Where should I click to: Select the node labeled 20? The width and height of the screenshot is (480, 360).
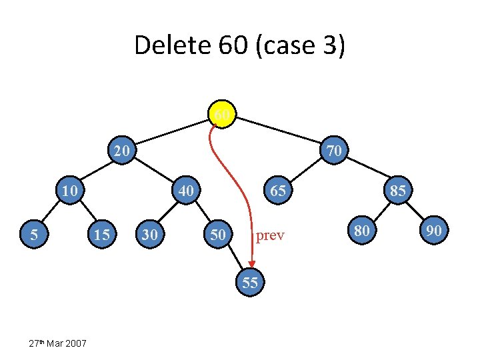point(121,151)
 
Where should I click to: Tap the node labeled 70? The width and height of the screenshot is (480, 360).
point(334,151)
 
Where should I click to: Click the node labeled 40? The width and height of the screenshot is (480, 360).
point(186,191)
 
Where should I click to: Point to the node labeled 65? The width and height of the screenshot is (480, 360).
point(277,191)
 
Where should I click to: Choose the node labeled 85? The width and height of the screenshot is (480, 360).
point(397,191)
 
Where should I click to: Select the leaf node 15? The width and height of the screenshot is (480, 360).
point(102,235)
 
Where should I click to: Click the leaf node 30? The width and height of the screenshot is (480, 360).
point(150,235)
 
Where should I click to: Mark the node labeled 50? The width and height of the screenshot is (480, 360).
point(217,235)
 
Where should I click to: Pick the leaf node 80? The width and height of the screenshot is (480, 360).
point(361,231)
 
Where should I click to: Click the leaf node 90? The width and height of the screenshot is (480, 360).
point(434,231)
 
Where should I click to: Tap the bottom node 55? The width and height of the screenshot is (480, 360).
point(250,282)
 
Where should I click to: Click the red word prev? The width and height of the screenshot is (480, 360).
point(271,235)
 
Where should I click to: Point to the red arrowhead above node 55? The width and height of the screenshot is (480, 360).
point(251,262)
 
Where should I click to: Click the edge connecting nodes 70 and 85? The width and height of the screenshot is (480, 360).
point(365,171)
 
